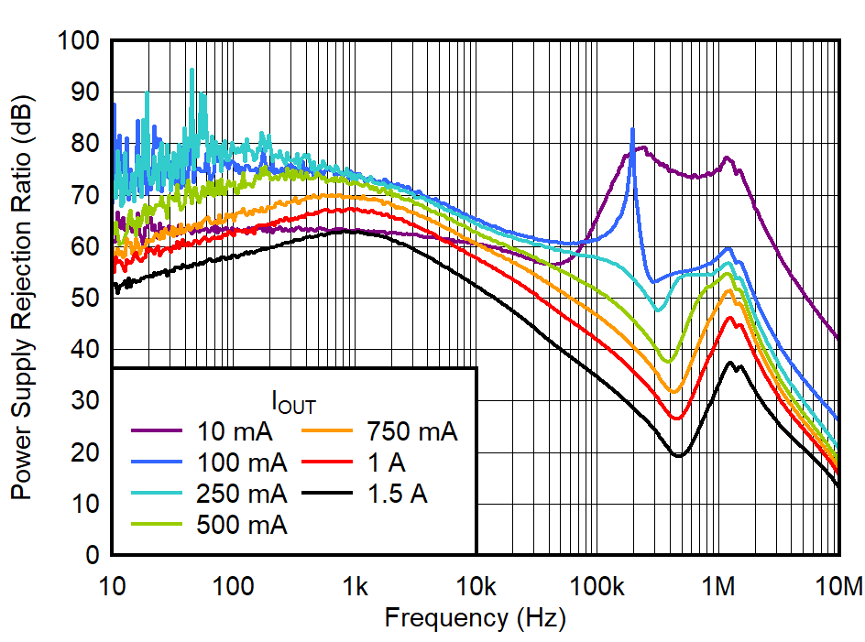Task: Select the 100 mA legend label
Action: tap(241, 462)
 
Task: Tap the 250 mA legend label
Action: tap(241, 494)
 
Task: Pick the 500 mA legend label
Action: tap(241, 526)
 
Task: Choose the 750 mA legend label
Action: tap(411, 430)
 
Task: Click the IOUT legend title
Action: tap(294, 401)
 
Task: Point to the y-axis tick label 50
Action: tap(87, 299)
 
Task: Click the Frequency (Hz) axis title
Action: tap(475, 618)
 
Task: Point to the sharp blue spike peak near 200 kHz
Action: tap(632, 130)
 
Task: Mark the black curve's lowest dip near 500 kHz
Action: tap(678, 455)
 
